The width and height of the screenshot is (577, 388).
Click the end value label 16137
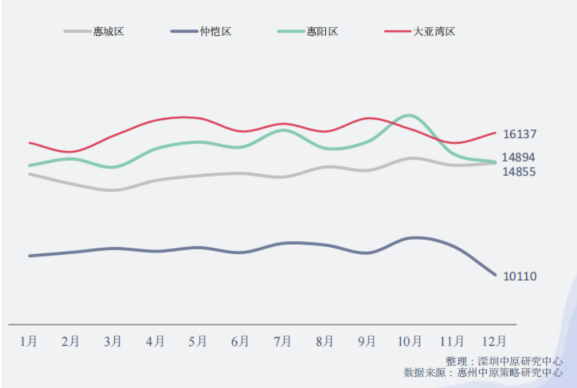tap(519, 134)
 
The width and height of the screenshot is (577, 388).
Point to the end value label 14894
tap(518, 157)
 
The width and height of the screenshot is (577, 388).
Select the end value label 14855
tap(518, 172)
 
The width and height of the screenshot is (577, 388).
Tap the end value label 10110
tap(520, 276)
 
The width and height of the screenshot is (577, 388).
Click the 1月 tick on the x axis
tap(29, 341)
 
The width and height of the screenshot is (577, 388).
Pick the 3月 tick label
tap(113, 341)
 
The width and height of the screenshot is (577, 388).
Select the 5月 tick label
tap(198, 341)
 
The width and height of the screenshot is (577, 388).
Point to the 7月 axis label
tap(282, 341)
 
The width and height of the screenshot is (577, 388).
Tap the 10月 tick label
tap(410, 341)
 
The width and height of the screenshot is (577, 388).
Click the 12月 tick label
tap(494, 341)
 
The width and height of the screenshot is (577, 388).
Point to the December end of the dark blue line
tap(495, 275)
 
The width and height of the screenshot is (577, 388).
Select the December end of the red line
tap(495, 133)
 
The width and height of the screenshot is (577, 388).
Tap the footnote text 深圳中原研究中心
tap(520, 361)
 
